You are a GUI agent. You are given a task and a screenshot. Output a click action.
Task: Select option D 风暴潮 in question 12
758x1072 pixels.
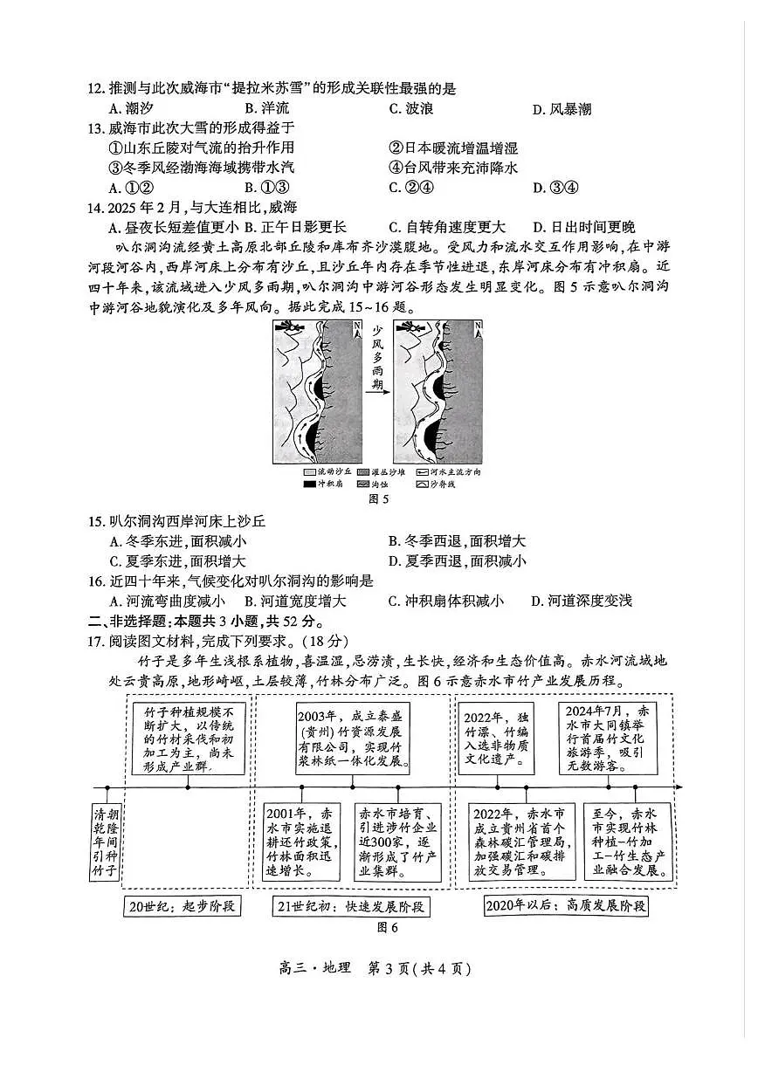coord(562,109)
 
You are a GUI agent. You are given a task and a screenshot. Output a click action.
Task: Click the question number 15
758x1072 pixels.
coord(96,522)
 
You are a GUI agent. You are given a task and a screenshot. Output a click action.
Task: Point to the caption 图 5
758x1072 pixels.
coord(378,500)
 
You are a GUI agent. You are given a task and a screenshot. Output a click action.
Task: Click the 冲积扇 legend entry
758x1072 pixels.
coord(318,484)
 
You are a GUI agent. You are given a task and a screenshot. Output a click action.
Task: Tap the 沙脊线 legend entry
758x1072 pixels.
coord(434,484)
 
